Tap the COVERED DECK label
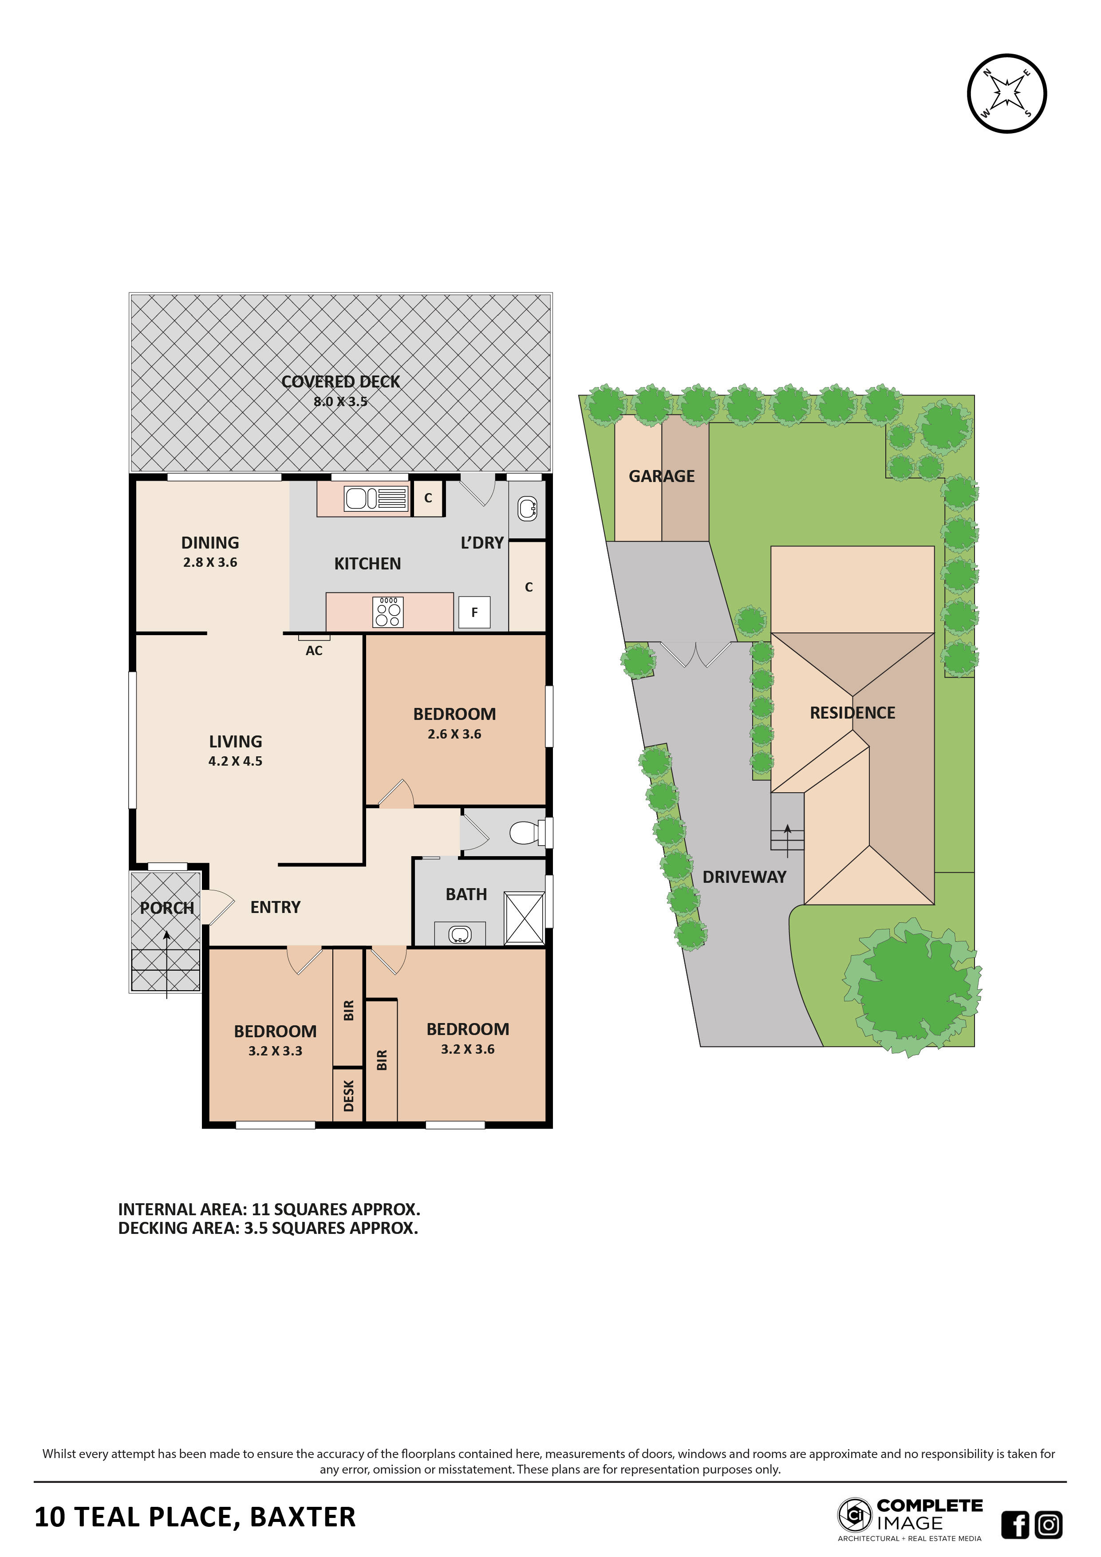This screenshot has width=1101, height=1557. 340,382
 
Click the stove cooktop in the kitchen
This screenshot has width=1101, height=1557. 388,612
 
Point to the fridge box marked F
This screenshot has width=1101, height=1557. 474,613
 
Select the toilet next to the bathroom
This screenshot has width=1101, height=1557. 527,832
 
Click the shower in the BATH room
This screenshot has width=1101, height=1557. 525,919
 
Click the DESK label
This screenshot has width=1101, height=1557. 348,1096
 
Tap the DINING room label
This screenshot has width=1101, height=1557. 210,542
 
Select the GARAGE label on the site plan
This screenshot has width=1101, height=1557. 662,477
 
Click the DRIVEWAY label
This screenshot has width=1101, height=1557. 744,877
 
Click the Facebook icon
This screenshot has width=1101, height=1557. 1015,1525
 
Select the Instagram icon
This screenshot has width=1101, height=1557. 1049,1525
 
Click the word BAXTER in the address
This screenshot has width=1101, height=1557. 303,1517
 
